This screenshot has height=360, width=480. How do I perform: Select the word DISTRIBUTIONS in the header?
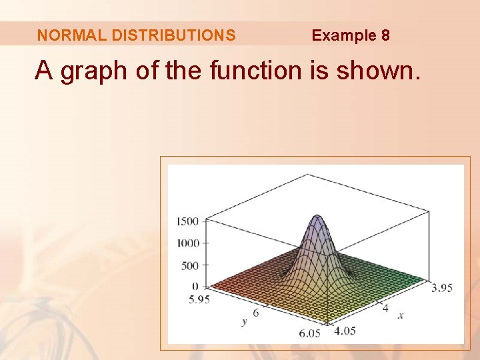click(174, 35)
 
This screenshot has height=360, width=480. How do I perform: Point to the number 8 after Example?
click(385, 35)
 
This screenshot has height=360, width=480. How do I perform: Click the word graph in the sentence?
click(93, 71)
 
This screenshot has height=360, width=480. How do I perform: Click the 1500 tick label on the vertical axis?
click(188, 221)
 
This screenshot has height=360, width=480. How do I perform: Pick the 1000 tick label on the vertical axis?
click(188, 243)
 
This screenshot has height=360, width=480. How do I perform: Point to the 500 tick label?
click(190, 265)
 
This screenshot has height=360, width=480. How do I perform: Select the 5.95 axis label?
click(199, 299)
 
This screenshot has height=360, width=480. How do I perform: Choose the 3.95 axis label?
click(442, 288)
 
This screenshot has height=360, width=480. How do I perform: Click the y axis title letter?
click(245, 321)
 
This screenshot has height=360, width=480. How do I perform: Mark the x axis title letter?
click(401, 315)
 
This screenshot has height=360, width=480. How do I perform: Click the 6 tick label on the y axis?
click(256, 311)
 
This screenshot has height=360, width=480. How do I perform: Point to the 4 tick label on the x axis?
click(385, 307)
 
